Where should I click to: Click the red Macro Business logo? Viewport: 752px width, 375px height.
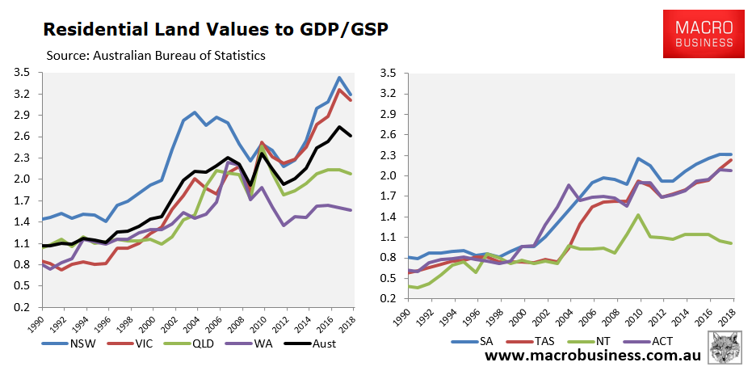[x=698, y=34]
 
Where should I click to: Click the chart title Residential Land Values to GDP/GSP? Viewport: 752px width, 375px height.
[x=215, y=30]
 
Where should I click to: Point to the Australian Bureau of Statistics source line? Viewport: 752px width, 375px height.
[x=158, y=55]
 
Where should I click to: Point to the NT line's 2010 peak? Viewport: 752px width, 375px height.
[x=638, y=215]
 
